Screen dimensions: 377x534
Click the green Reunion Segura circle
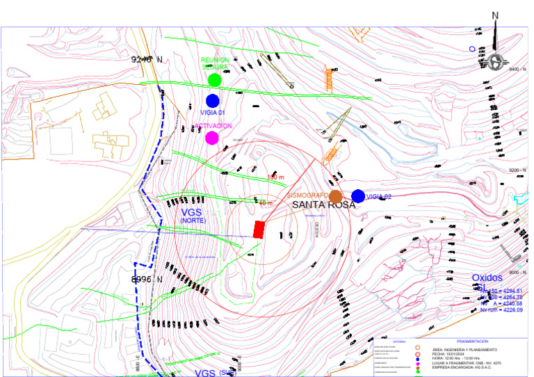[x=214, y=80]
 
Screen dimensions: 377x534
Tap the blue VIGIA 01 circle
[x=213, y=101]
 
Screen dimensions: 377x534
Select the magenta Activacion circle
[x=212, y=137]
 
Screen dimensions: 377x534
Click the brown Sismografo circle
[x=336, y=197]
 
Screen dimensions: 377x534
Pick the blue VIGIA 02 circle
[x=358, y=196]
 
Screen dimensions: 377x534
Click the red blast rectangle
[x=259, y=230]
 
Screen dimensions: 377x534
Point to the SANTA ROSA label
[x=323, y=205]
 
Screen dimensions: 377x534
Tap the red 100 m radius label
[x=276, y=178]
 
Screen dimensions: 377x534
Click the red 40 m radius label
[x=266, y=203]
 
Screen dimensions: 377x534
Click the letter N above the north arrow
[x=495, y=15]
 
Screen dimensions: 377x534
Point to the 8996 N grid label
[x=147, y=280]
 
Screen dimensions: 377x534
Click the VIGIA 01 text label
[x=213, y=113]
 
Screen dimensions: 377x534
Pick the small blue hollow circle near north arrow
[x=472, y=49]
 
